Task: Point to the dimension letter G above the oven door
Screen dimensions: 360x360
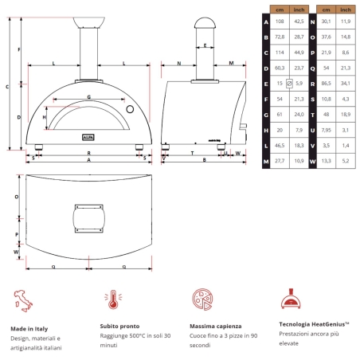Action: pos(88,96)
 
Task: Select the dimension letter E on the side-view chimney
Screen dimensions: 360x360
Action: pos(205,45)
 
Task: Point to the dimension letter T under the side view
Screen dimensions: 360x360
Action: pos(192,151)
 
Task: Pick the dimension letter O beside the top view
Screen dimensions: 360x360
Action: pos(17,196)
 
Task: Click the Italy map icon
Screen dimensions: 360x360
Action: pos(24,300)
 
